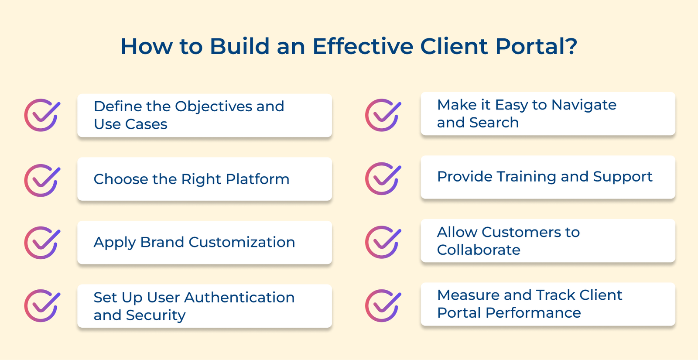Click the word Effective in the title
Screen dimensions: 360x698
(x=363, y=46)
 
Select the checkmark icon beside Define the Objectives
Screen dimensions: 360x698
(x=42, y=115)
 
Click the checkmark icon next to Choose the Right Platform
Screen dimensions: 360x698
(x=42, y=180)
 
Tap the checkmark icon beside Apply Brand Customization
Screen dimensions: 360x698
(x=42, y=243)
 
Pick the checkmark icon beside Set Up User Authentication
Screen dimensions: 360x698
(x=42, y=306)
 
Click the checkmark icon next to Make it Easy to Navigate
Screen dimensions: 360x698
(x=383, y=115)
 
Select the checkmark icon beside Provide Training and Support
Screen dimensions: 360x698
(x=383, y=178)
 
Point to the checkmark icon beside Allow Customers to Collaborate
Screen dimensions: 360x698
(x=383, y=242)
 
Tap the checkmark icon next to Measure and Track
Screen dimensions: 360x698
(x=383, y=306)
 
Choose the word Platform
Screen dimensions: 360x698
(x=257, y=179)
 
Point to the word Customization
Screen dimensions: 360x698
(x=242, y=242)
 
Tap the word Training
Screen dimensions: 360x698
(x=527, y=177)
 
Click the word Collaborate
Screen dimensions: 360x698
(x=479, y=250)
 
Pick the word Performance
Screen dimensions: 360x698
(x=533, y=313)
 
